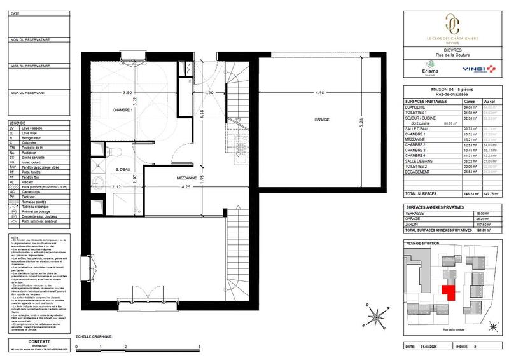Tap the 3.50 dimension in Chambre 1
click(x=127, y=93)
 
